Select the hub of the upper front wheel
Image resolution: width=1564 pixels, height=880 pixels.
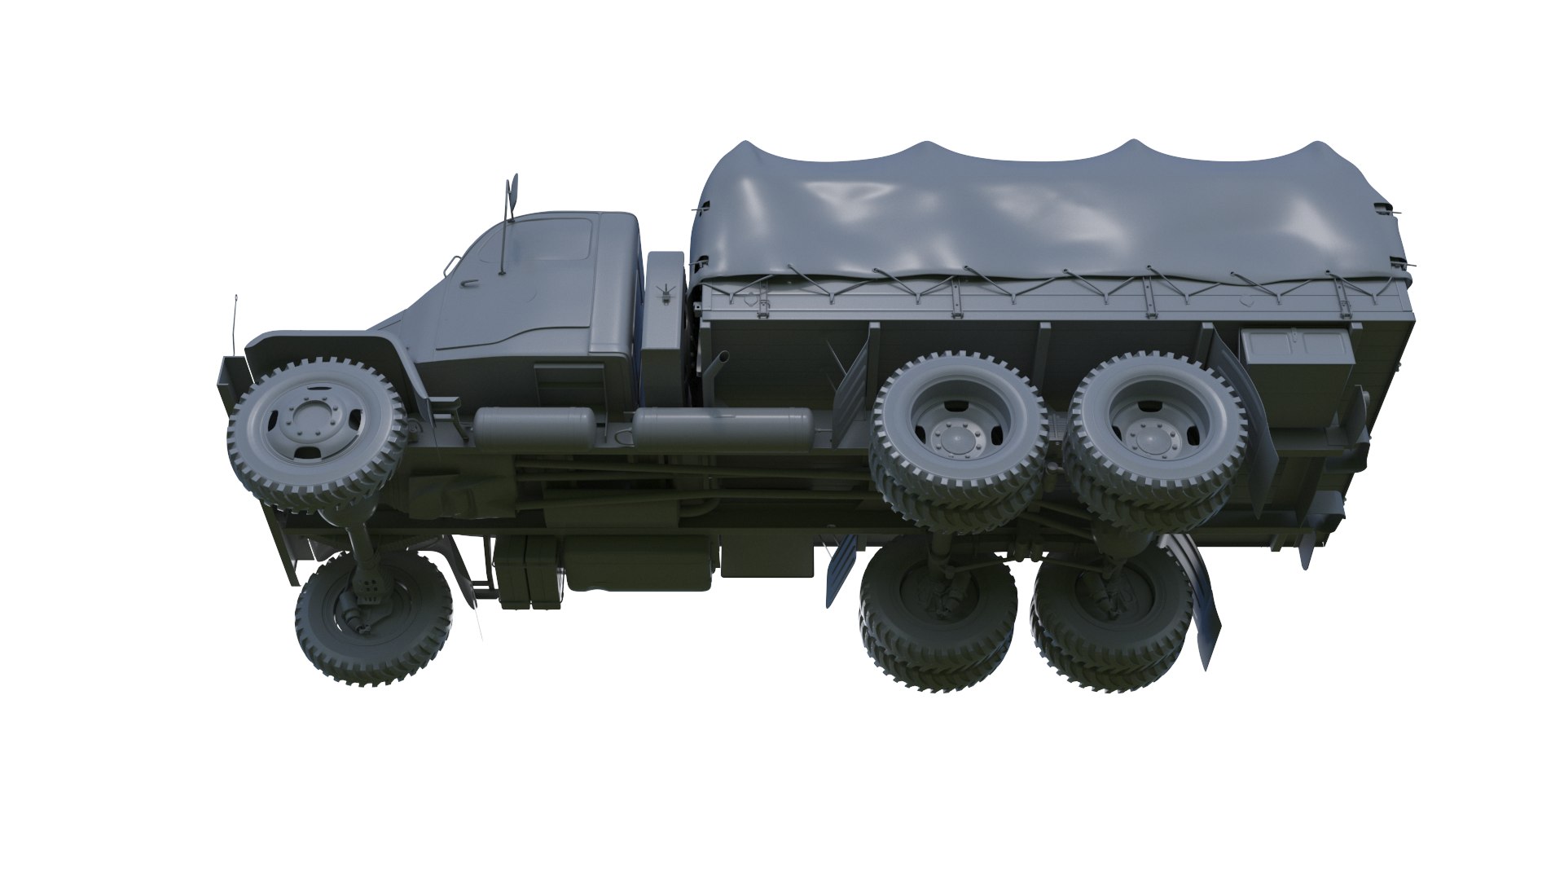309,425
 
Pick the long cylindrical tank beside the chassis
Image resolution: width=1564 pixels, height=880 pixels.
722,427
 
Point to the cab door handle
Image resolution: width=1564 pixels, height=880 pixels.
470,283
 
